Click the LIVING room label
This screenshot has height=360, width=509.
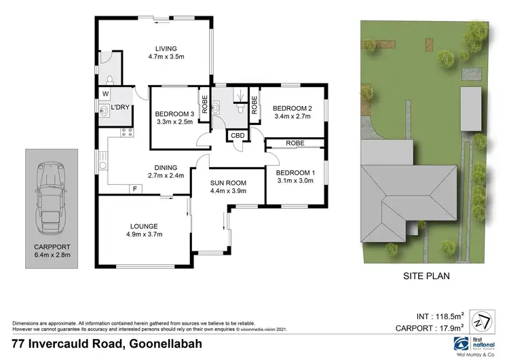tap(166, 48)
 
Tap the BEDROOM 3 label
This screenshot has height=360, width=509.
tap(174, 113)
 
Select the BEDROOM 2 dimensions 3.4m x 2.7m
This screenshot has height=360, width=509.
tap(291, 116)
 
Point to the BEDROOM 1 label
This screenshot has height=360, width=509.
tap(296, 173)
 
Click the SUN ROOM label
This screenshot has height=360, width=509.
tap(227, 183)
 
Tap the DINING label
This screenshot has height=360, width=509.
tap(166, 168)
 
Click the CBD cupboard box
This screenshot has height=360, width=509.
tap(238, 135)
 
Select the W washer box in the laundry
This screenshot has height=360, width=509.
tap(105, 94)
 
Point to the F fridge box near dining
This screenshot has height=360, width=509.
tap(135, 188)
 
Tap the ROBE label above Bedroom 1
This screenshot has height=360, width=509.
tap(295, 143)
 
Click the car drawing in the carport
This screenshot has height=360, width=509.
tap(52, 191)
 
